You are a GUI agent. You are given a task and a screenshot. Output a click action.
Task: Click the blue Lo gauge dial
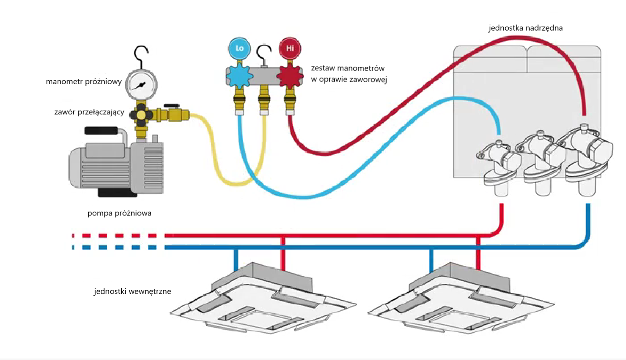pos(239,48)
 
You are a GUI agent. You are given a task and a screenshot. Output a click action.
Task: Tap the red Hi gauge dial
pos(290,48)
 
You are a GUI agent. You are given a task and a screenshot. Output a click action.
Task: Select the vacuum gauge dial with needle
pos(141,85)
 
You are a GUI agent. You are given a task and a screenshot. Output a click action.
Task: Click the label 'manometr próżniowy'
pos(84,82)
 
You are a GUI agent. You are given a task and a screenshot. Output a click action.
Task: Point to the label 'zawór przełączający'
pos(89,112)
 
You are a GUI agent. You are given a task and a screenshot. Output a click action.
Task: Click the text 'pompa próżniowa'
pos(119,213)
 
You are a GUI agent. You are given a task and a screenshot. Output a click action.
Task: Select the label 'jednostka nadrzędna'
pos(525,28)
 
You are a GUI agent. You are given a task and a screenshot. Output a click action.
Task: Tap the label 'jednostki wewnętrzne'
pos(132,291)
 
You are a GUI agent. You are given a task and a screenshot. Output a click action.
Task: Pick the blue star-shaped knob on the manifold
pos(239,76)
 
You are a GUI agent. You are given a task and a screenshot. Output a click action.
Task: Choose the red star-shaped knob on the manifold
pos(289,76)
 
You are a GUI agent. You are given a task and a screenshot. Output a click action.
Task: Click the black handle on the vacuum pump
pos(101,131)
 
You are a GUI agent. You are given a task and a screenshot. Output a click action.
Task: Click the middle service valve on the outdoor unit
pos(540,157)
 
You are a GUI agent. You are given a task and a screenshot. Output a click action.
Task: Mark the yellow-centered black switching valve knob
pos(141,115)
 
